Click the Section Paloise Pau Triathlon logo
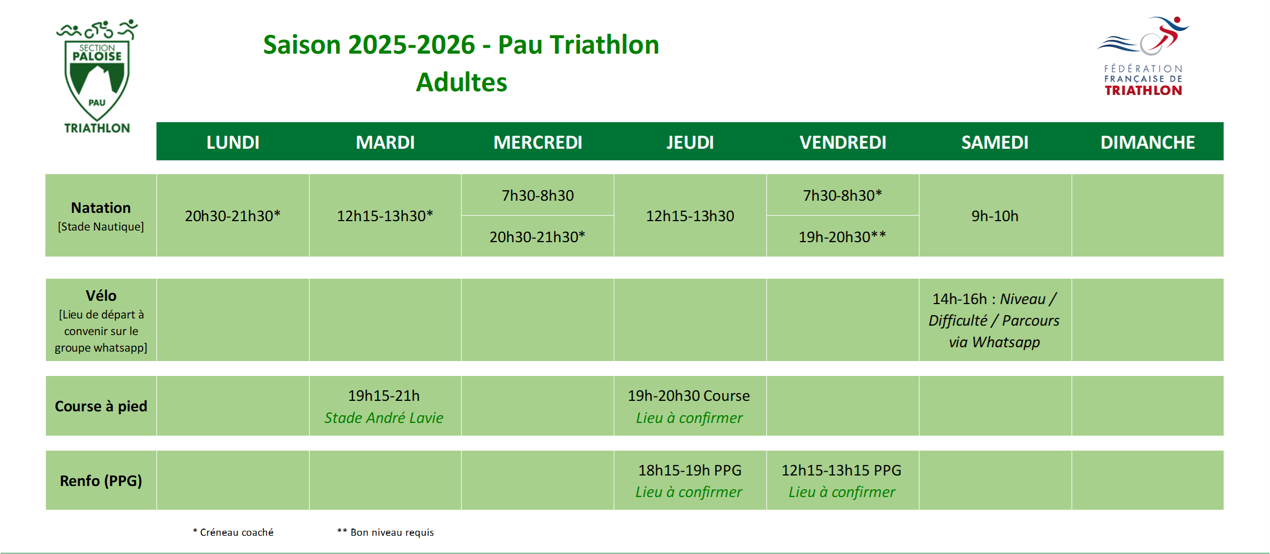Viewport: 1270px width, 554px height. (97, 76)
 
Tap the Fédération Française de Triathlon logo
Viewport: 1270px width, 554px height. (1143, 56)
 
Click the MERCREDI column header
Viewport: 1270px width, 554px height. (537, 142)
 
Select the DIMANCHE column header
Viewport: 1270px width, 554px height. (1147, 142)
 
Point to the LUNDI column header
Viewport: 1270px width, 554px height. (233, 142)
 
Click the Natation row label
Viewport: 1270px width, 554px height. (101, 208)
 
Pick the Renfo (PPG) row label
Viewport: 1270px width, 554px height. (101, 481)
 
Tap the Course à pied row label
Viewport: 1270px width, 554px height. (101, 406)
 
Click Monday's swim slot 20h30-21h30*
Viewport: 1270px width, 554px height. (233, 216)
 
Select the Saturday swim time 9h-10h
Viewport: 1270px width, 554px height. (995, 216)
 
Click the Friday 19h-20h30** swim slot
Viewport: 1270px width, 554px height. (842, 237)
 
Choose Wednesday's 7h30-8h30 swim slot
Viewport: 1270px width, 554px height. (537, 195)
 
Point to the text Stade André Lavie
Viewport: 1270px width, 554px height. (384, 418)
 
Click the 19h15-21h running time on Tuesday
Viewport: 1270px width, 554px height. (384, 396)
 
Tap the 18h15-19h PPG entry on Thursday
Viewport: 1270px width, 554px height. (689, 471)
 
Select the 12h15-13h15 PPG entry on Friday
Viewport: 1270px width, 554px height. (841, 471)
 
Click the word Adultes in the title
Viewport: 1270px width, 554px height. (461, 82)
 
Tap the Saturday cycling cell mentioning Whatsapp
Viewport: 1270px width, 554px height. (994, 320)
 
